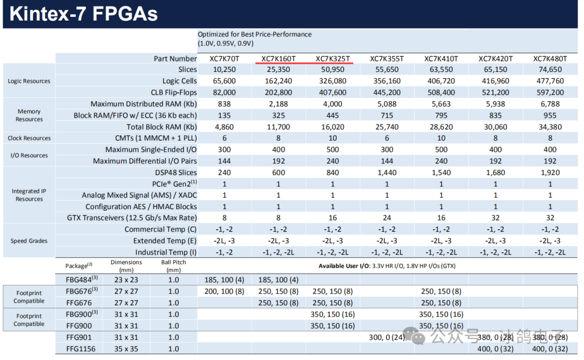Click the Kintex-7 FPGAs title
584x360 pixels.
coord(84,14)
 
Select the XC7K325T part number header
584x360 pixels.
coord(333,58)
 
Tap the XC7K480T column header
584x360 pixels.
coord(549,58)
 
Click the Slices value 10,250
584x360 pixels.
coord(224,70)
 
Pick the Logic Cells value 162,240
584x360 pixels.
coord(278,81)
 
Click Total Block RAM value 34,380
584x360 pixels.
coord(549,127)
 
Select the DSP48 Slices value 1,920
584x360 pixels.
coord(549,172)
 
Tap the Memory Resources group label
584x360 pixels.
coord(29,115)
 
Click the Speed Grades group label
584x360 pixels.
coord(29,241)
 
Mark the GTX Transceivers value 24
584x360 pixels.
coord(387,218)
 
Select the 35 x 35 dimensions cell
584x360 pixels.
coord(126,349)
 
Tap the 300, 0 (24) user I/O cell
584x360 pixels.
coord(387,337)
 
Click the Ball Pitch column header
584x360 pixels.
coord(173,266)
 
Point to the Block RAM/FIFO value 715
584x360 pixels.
coord(387,115)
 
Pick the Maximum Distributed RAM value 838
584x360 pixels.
coord(224,104)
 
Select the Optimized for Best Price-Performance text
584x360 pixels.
coord(254,34)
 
